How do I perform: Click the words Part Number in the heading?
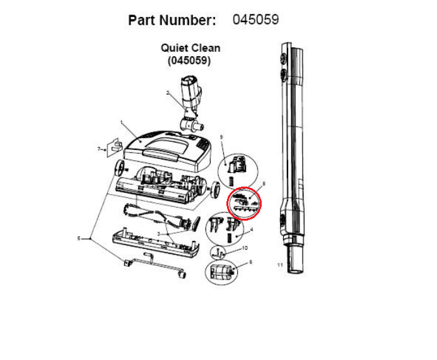coord(172,20)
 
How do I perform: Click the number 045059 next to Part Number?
coord(255,20)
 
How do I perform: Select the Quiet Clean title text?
coord(190,48)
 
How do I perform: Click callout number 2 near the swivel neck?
coord(168,93)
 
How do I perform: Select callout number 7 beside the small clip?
coord(98,149)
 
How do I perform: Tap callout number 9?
coord(221,137)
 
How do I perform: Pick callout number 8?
coord(264,183)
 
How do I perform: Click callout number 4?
coord(252,229)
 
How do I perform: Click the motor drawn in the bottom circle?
coord(222,273)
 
